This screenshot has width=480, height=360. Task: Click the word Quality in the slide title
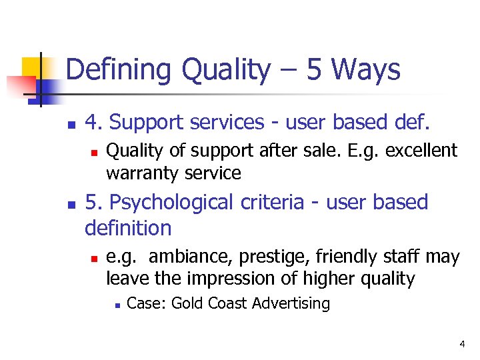point(218,70)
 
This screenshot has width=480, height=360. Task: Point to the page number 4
point(462,344)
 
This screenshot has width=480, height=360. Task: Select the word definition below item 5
point(128,228)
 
